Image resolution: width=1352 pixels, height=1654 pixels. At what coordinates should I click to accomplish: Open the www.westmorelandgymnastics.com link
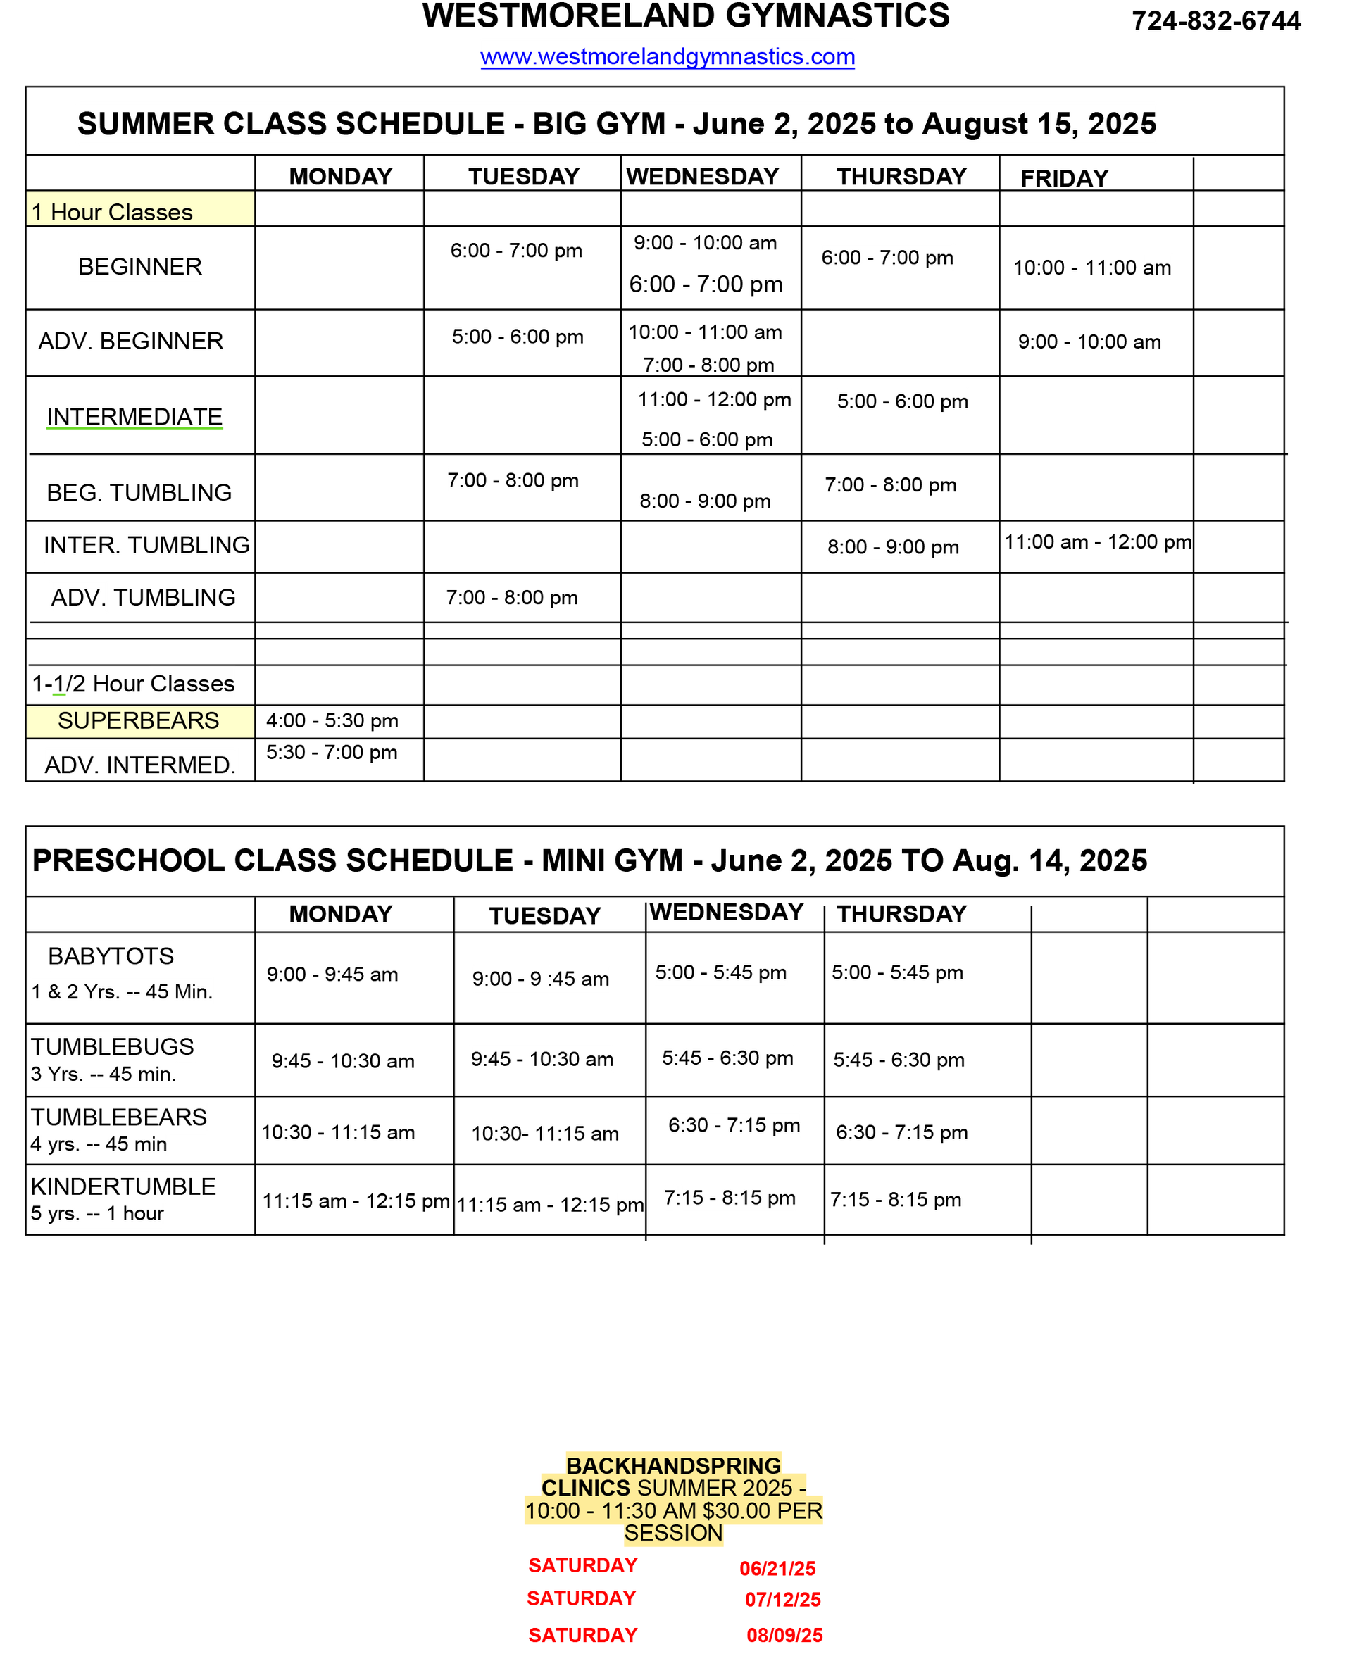(x=668, y=57)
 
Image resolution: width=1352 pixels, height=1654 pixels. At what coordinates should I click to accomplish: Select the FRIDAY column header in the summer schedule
(x=1064, y=178)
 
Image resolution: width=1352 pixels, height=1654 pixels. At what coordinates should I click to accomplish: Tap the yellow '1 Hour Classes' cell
(x=140, y=208)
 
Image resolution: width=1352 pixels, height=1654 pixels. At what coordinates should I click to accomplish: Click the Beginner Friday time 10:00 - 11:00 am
(x=1092, y=268)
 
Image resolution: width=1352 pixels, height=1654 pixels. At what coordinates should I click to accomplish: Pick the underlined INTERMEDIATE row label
(x=134, y=418)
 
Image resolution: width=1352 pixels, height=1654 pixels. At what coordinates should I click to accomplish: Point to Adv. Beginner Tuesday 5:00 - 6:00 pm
(x=517, y=337)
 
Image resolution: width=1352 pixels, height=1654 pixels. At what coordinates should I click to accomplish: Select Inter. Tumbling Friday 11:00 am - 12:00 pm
(x=1097, y=542)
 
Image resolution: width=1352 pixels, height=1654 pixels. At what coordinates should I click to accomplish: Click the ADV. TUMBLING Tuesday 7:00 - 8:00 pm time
(x=512, y=598)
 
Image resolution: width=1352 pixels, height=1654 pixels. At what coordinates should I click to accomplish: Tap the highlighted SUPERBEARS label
(x=139, y=721)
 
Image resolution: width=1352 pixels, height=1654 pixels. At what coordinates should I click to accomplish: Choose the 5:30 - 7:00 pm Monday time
(x=332, y=753)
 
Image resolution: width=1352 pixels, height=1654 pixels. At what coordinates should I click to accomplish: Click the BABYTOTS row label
(x=111, y=956)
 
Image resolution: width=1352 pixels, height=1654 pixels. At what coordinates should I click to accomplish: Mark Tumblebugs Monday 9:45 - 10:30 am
(x=343, y=1061)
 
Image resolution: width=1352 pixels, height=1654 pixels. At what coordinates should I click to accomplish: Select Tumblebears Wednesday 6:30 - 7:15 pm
(x=734, y=1126)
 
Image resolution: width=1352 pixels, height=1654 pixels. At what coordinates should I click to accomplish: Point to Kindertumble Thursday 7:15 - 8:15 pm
(x=896, y=1200)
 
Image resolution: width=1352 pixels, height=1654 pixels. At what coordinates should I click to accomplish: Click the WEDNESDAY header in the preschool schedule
(x=726, y=913)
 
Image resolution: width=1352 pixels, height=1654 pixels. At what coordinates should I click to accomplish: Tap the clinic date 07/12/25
(x=783, y=1600)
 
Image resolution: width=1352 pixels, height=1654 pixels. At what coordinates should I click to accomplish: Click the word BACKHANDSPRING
(x=674, y=1465)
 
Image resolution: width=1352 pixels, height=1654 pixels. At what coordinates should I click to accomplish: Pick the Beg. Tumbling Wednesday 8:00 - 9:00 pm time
(x=705, y=501)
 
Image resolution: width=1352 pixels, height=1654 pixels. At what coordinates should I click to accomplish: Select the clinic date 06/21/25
(x=777, y=1568)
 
